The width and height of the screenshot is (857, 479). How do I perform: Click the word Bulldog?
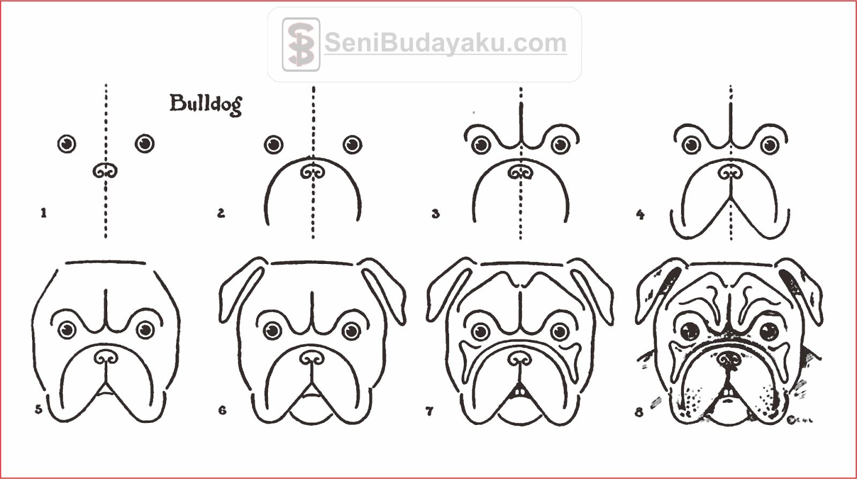point(206,104)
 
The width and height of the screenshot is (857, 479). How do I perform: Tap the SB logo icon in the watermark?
point(301,44)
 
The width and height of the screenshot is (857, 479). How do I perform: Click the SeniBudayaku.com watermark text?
point(446,43)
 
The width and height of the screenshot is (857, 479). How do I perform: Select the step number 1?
point(43,212)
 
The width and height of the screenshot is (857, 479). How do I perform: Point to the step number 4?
point(640,215)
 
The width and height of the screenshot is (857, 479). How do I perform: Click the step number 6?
point(222,410)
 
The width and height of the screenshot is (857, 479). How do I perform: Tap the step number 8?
point(639,412)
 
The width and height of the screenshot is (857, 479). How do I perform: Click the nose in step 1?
point(105,171)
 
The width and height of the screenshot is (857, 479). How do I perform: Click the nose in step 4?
point(731,172)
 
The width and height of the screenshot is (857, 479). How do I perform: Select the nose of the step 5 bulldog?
point(106,357)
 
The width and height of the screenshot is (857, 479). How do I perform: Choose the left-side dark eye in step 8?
point(690,331)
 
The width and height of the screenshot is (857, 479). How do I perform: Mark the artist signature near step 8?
point(800,420)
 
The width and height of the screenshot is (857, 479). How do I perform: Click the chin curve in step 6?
point(312,418)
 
